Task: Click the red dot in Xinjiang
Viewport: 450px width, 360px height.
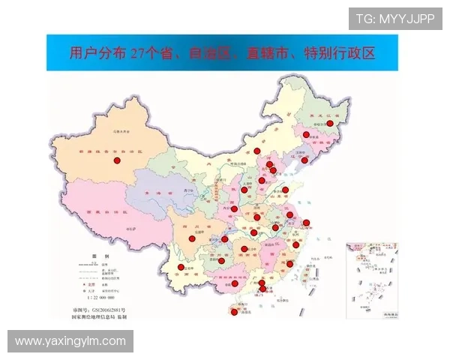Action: click(116, 160)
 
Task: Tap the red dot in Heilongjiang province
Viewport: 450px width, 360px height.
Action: click(329, 123)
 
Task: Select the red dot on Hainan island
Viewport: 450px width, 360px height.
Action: click(234, 312)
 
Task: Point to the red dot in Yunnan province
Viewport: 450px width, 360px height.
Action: click(180, 268)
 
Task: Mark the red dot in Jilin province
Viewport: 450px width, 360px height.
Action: click(306, 135)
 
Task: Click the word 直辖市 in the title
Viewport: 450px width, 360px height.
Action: click(275, 53)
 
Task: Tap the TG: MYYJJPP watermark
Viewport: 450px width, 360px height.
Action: click(395, 19)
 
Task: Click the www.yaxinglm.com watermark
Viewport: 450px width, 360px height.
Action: click(71, 341)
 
